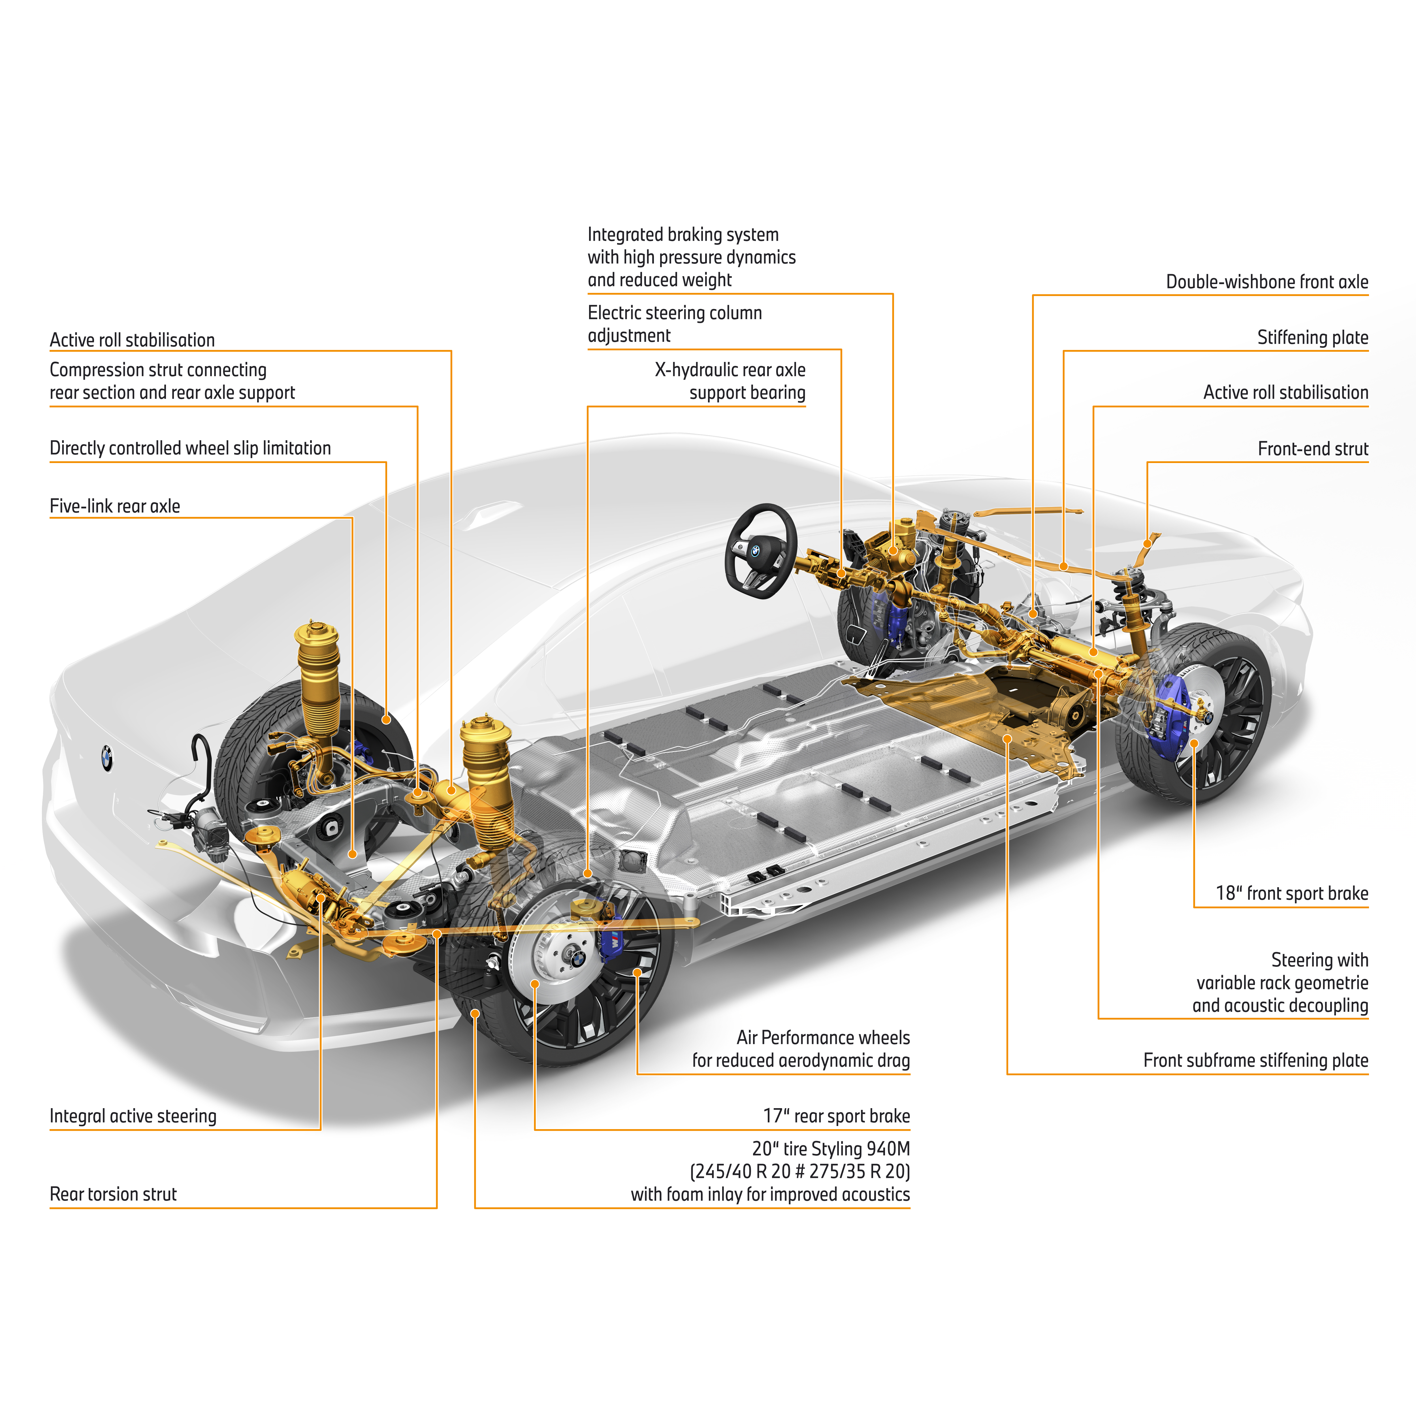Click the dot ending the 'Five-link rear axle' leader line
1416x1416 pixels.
click(x=353, y=854)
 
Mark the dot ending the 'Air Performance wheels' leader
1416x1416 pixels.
click(x=637, y=973)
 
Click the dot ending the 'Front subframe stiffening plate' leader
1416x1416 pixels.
click(x=1008, y=739)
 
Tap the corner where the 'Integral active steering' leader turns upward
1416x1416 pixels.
click(x=320, y=1129)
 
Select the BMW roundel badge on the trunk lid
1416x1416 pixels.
click(x=107, y=758)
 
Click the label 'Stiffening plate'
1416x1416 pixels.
click(x=1313, y=338)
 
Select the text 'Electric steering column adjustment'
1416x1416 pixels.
click(x=675, y=324)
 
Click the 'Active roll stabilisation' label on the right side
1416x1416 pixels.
click(x=1285, y=393)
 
